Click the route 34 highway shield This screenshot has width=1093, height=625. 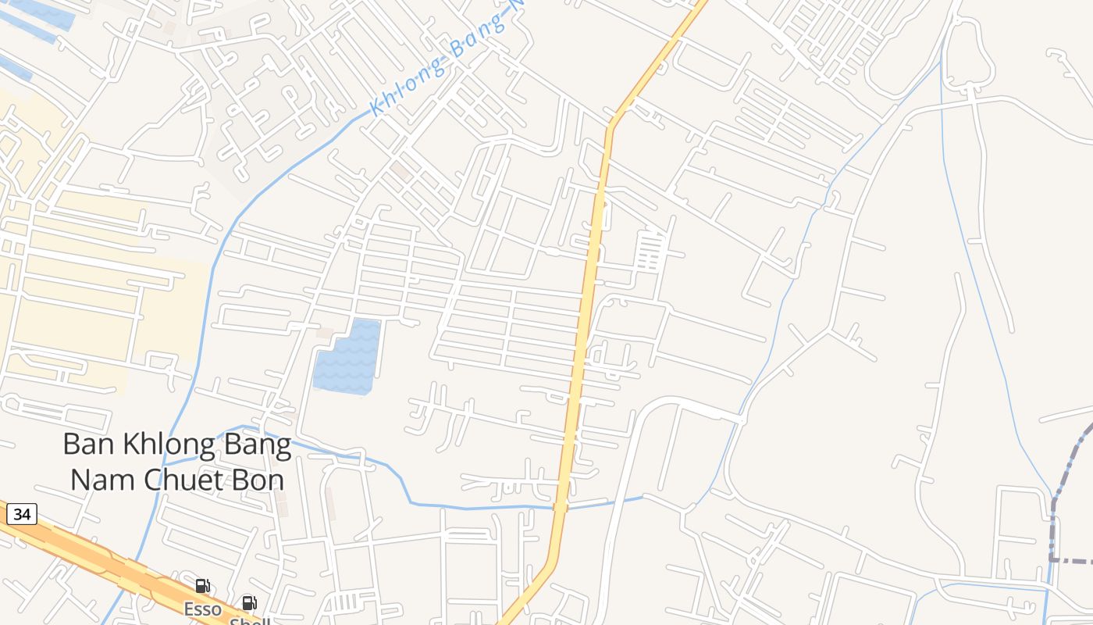click(x=22, y=514)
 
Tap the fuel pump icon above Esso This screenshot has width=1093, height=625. click(x=202, y=586)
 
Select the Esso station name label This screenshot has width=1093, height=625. click(x=202, y=608)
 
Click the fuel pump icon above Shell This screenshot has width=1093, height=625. click(x=249, y=603)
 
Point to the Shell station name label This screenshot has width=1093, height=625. click(x=250, y=621)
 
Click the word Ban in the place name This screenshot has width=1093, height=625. click(x=83, y=445)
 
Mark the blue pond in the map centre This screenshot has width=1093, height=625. click(x=347, y=357)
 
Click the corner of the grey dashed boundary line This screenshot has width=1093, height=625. click(x=1052, y=559)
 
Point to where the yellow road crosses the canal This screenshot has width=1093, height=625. click(x=560, y=508)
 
